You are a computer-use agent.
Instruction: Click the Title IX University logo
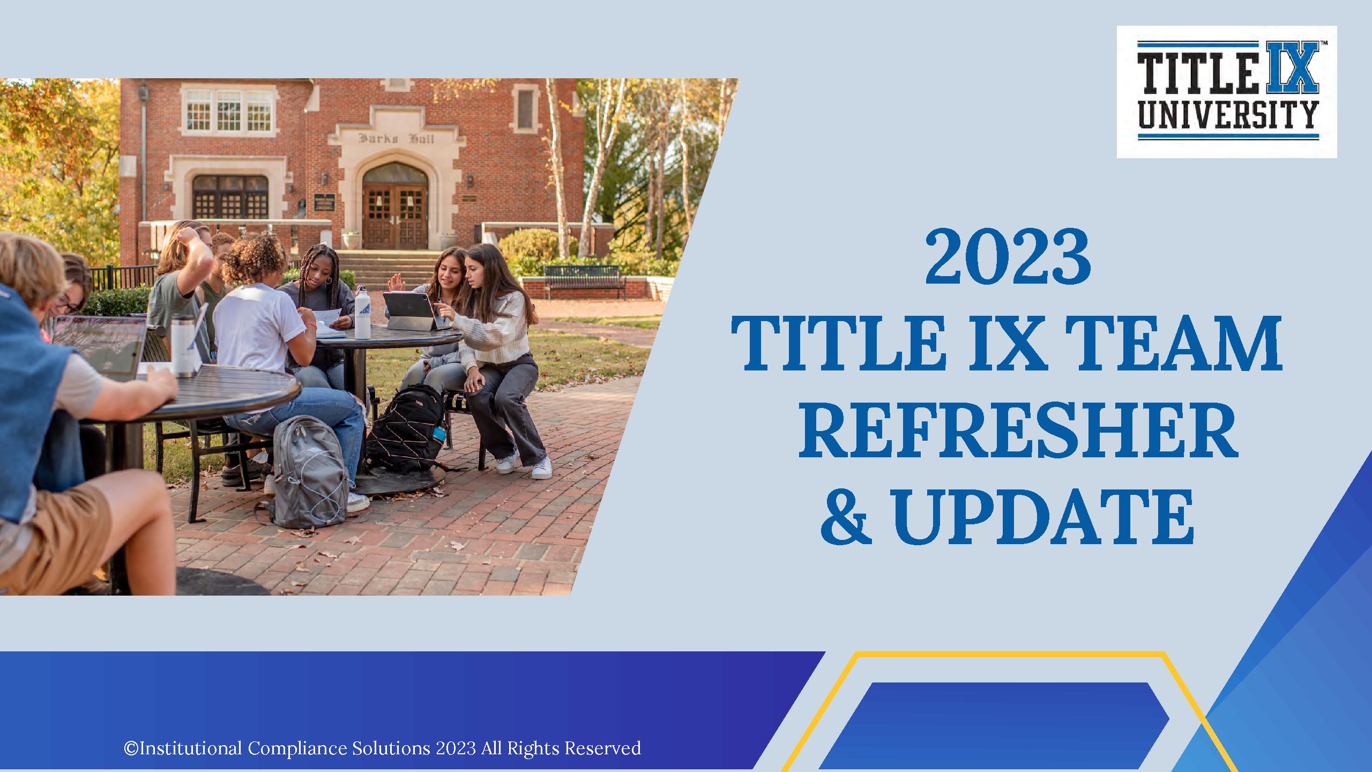point(1227,92)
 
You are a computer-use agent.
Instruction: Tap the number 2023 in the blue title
point(1008,257)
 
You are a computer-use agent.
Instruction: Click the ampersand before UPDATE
point(846,517)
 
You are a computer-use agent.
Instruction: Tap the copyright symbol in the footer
point(131,748)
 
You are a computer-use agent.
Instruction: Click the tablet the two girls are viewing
point(409,311)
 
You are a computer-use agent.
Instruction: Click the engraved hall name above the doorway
point(396,138)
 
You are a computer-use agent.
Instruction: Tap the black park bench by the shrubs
point(584,280)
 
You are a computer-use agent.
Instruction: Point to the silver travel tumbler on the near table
point(183,345)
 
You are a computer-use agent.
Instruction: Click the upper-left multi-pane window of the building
point(229,110)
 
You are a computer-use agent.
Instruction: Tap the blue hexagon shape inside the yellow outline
point(994,725)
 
